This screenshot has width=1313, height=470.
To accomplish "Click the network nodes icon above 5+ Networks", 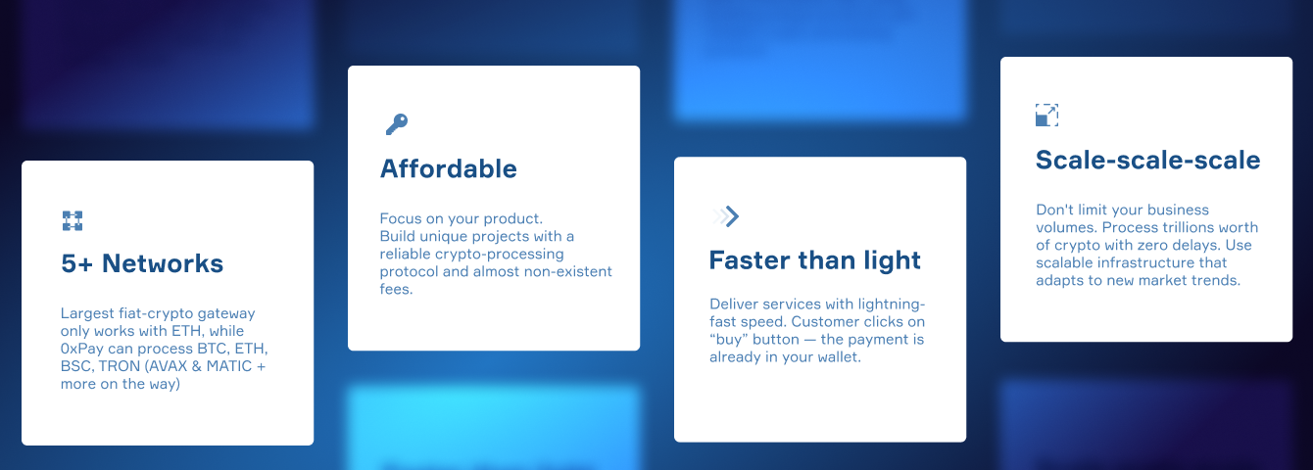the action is pyautogui.click(x=73, y=221).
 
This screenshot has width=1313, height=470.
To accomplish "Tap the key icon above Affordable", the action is pyautogui.click(x=397, y=123).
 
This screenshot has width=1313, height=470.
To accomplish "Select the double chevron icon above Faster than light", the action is pyautogui.click(x=726, y=216).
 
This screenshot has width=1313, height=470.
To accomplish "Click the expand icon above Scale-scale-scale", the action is pyautogui.click(x=1046, y=115).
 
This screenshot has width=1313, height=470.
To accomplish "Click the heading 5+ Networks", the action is pyautogui.click(x=142, y=263).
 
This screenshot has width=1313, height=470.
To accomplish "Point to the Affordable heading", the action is pyautogui.click(x=449, y=168).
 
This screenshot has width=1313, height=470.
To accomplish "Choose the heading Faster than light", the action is pyautogui.click(x=815, y=261).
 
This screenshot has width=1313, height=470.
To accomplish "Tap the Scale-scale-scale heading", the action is pyautogui.click(x=1147, y=160).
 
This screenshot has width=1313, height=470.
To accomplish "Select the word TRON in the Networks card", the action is pyautogui.click(x=120, y=366).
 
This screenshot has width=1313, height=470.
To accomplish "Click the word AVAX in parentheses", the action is pyautogui.click(x=166, y=366).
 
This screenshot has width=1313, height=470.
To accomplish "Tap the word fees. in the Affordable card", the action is pyautogui.click(x=396, y=289).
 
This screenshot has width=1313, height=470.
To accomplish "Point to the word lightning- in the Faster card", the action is pyautogui.click(x=892, y=305).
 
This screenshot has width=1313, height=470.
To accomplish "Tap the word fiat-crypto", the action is pyautogui.click(x=156, y=313).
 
